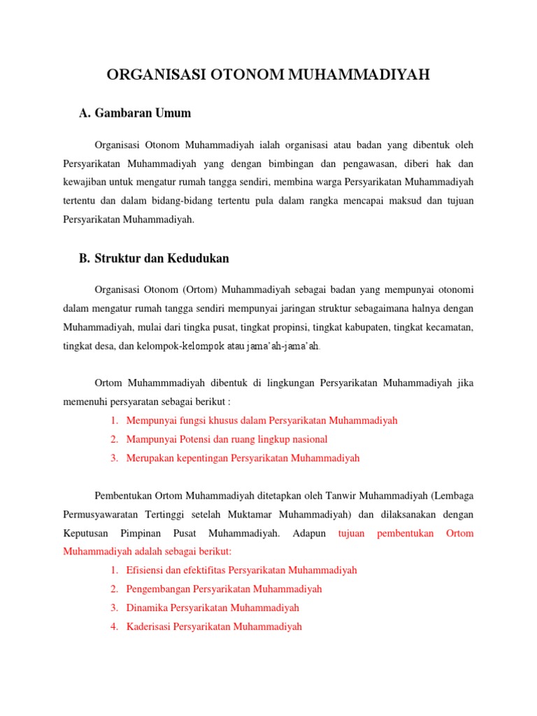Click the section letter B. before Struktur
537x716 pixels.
[x=85, y=258]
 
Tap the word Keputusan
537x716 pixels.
[x=86, y=534]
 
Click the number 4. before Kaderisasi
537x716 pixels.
[x=114, y=626]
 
